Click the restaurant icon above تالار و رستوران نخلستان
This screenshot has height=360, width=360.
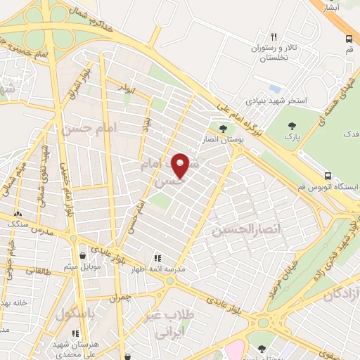click(274, 37)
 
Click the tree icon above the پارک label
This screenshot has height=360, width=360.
click(292, 127)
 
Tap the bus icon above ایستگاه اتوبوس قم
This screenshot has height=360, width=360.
click(328, 176)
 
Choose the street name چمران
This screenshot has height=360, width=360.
click(120, 299)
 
